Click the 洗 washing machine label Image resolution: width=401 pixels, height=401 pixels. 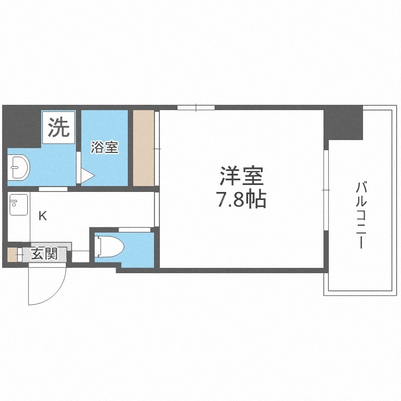tap(59, 128)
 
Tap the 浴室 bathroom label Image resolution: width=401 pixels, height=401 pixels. tap(104, 147)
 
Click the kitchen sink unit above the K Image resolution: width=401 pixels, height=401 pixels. tap(18, 203)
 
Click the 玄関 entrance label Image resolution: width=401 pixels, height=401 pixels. tap(43, 253)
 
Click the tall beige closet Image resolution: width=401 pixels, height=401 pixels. tap(143, 148)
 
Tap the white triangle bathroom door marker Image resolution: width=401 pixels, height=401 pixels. tap(87, 175)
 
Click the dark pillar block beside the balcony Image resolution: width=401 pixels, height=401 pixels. tap(343, 122)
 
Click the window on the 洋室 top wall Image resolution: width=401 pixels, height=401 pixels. tap(196, 108)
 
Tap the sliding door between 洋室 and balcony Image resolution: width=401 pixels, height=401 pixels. tap(325, 190)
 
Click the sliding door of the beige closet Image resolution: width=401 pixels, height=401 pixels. tap(156, 148)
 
